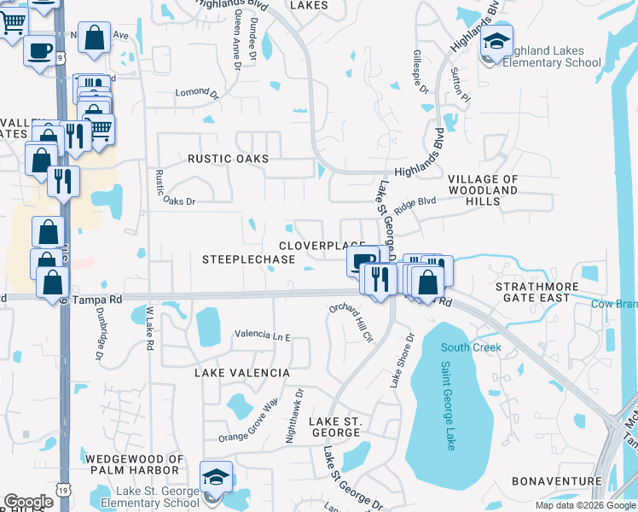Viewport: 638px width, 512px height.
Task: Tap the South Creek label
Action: [x=472, y=347]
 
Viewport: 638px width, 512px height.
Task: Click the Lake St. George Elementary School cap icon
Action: [x=216, y=478]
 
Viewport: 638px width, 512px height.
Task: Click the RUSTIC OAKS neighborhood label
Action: [x=228, y=159]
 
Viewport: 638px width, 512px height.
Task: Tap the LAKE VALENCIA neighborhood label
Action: [x=242, y=373]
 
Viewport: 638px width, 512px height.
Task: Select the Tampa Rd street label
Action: [x=98, y=300]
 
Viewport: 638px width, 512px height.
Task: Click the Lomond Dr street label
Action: [x=192, y=91]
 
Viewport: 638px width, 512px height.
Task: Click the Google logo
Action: [x=29, y=502]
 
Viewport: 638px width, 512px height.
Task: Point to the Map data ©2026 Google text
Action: [x=584, y=505]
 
